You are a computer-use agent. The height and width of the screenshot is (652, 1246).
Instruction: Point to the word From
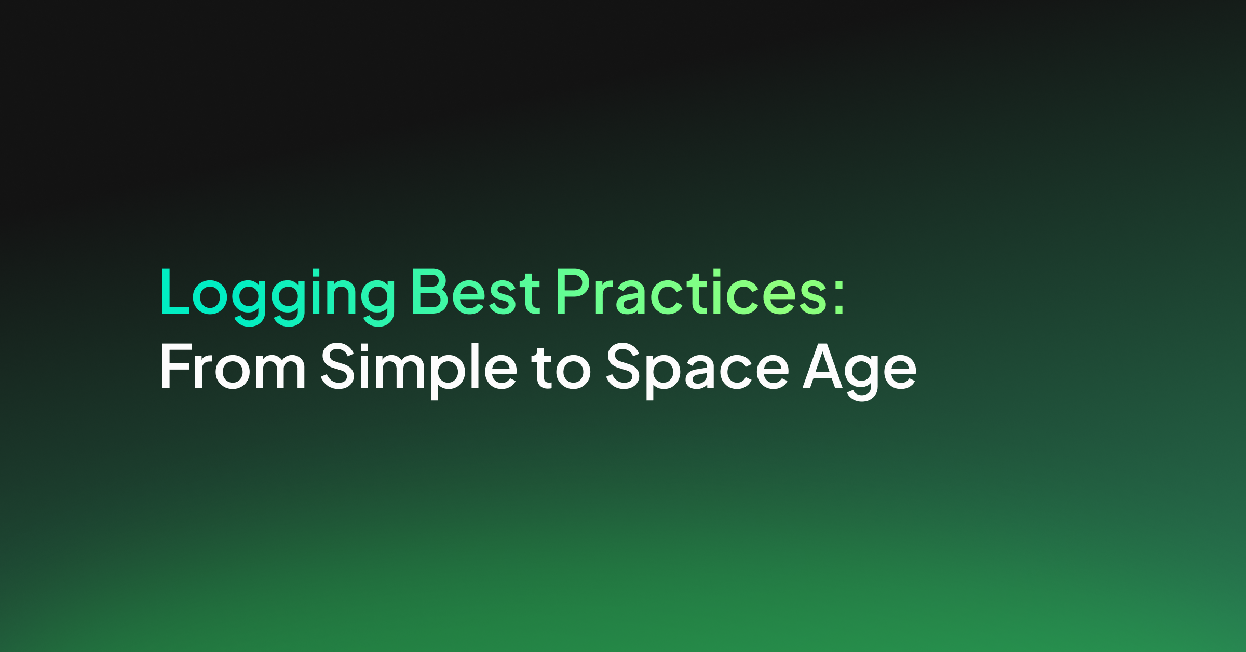coord(233,366)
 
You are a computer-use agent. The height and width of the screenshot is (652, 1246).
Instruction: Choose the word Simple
coord(419,370)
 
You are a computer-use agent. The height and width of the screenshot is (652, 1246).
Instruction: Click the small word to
coord(561,368)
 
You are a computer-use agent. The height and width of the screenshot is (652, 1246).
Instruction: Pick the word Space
coord(698,370)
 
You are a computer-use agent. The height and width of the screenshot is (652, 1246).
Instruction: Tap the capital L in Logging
coord(175,291)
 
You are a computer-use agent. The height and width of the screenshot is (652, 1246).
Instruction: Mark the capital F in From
coord(177,366)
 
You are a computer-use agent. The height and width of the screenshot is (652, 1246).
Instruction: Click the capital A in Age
coord(822,366)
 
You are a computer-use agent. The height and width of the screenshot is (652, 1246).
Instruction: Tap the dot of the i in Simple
coord(364,346)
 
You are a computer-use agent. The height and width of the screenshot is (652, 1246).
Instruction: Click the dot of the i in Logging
coord(316,272)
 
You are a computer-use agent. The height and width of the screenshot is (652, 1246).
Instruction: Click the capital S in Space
coord(623,366)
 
